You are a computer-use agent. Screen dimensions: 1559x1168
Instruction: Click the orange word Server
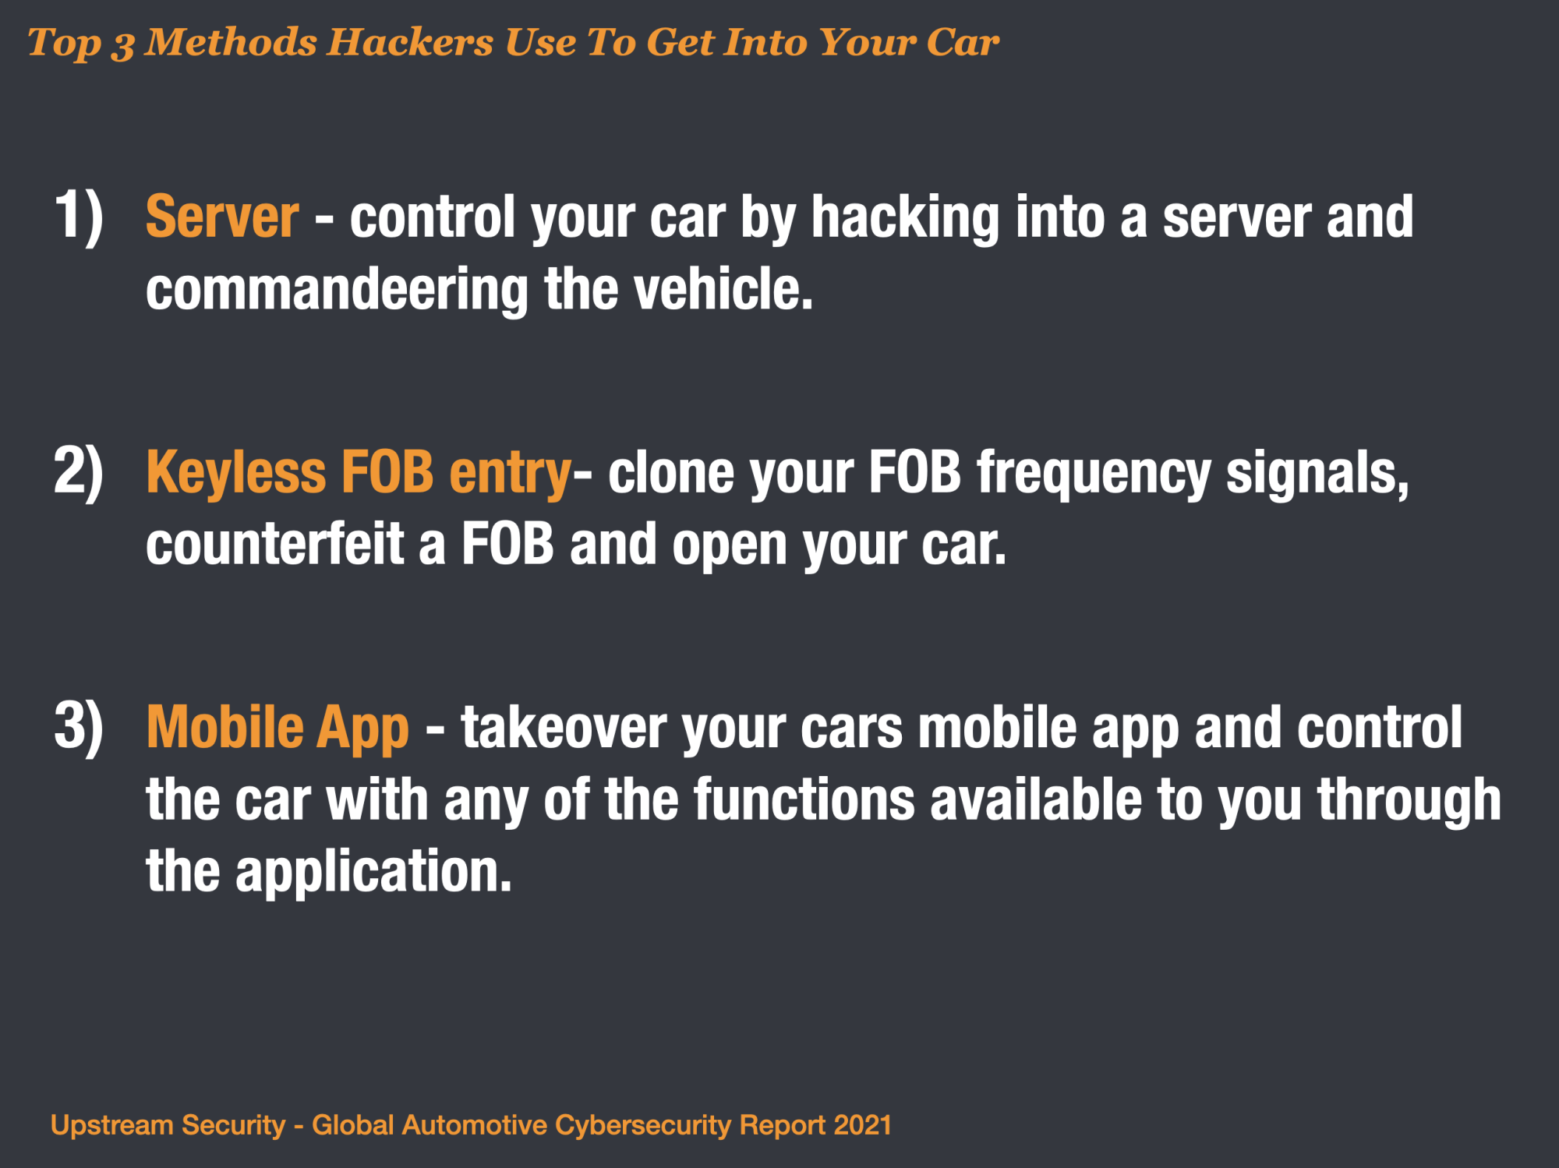(x=222, y=217)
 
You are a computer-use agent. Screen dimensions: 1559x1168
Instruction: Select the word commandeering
(x=337, y=290)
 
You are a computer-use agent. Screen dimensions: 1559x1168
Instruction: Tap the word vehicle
(x=723, y=289)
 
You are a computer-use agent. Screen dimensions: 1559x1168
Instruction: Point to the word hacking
(x=905, y=218)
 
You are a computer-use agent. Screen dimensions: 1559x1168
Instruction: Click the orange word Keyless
(x=236, y=474)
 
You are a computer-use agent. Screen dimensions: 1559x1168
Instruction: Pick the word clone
(x=671, y=472)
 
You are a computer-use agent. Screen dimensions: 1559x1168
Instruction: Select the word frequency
(x=1094, y=474)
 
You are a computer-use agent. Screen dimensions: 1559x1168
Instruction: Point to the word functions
(x=804, y=799)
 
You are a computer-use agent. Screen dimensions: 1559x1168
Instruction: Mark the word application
(x=373, y=873)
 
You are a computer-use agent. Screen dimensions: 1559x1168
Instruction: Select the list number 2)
(x=78, y=472)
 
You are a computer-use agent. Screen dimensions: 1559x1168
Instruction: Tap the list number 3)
(x=78, y=728)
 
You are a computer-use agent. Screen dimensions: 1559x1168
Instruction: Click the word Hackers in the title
(x=410, y=42)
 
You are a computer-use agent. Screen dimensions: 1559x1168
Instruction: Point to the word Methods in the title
(x=231, y=42)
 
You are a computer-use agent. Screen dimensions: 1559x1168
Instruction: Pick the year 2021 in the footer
(x=862, y=1125)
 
